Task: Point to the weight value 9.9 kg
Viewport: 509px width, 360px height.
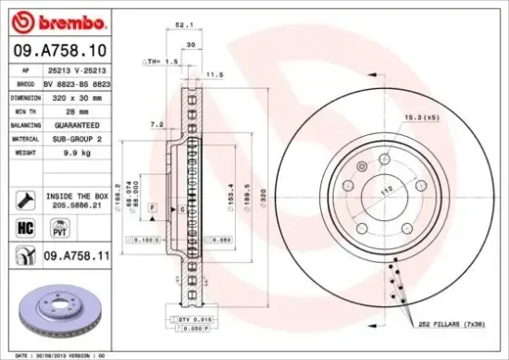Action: click(x=69, y=152)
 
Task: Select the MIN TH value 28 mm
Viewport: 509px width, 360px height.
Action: click(x=68, y=111)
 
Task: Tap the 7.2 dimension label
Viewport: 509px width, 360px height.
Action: click(x=156, y=123)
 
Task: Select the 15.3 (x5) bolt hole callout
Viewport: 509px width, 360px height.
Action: click(x=420, y=118)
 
